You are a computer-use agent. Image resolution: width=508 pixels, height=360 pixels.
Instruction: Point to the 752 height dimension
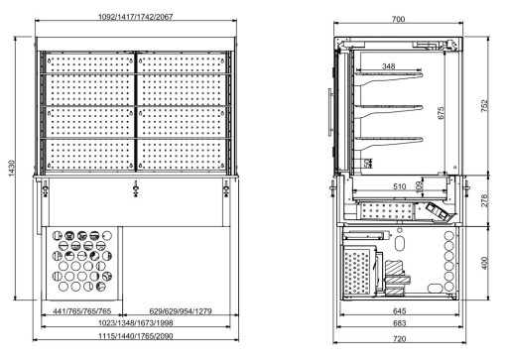click(x=484, y=105)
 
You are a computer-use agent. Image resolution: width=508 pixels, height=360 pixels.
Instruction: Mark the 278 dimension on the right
click(x=484, y=198)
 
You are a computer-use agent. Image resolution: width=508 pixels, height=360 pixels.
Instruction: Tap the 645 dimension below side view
click(x=397, y=311)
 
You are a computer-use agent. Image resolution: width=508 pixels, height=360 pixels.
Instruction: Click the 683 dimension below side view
click(x=397, y=324)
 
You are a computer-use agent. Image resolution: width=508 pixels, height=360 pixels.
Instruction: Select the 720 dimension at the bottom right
click(x=397, y=338)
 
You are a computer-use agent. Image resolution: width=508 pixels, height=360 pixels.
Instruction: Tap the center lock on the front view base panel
click(x=134, y=186)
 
